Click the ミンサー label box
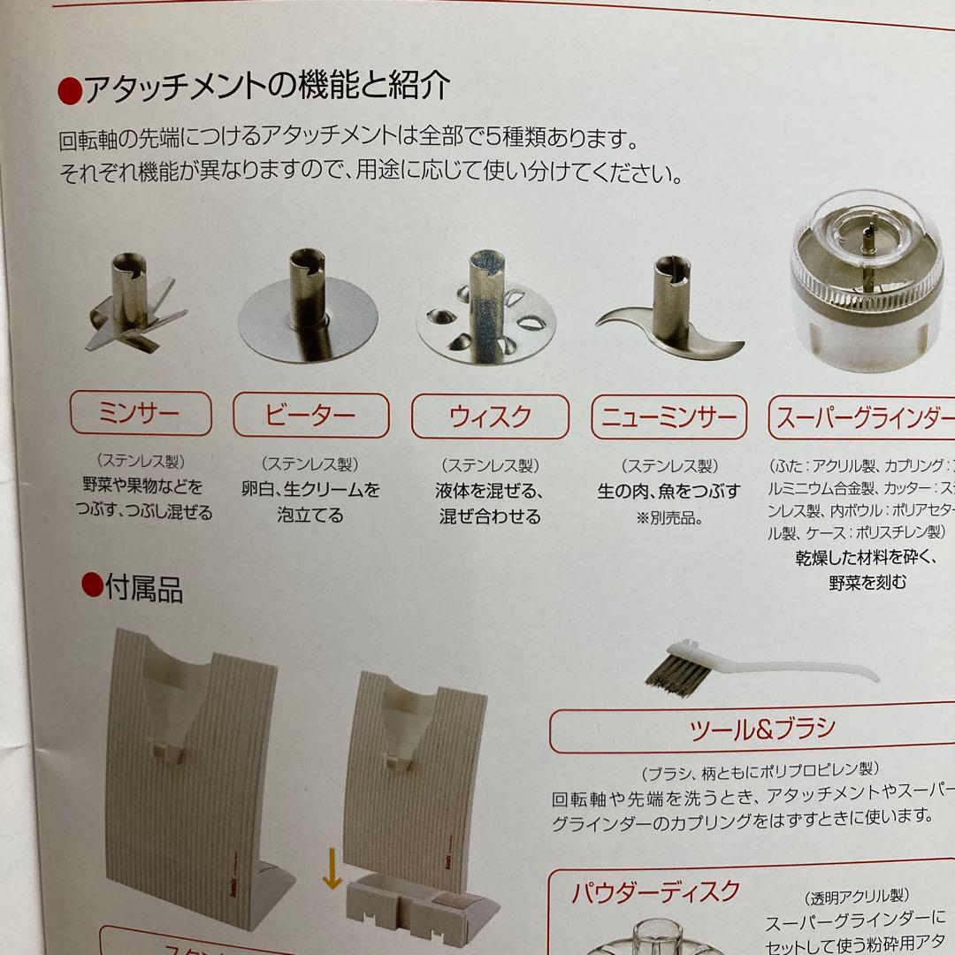coord(141,414)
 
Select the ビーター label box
coord(310,415)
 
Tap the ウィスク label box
coord(490,416)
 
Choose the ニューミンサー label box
coord(668,416)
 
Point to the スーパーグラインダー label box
coord(862,416)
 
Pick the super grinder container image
coord(872,283)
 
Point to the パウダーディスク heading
coord(654,890)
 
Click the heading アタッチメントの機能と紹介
coord(265,87)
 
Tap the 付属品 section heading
coord(143,588)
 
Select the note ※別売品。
coord(668,517)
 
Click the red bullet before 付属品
coord(91,586)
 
